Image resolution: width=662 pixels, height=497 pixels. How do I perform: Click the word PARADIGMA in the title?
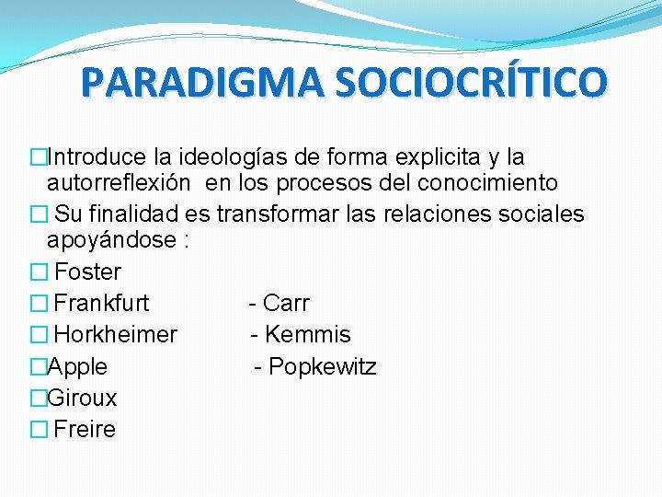[x=201, y=82]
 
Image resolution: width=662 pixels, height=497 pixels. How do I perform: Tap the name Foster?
[x=88, y=272]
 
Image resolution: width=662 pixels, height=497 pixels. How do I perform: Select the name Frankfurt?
[x=102, y=303]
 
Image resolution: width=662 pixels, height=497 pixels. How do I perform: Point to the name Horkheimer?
[x=116, y=334]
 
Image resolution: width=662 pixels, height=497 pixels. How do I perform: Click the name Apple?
[x=77, y=366]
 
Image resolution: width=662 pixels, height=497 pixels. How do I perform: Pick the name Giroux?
[x=82, y=398]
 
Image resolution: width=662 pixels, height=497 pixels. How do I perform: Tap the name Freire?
[x=86, y=429]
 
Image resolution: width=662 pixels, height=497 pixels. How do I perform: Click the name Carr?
[x=286, y=303]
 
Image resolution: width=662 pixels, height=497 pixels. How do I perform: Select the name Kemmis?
[x=307, y=334]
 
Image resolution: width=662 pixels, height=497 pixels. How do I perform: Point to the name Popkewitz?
[x=322, y=366]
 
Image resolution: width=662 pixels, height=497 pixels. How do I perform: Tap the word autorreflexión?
[x=120, y=182]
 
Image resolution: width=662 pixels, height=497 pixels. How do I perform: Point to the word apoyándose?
[x=111, y=239]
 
